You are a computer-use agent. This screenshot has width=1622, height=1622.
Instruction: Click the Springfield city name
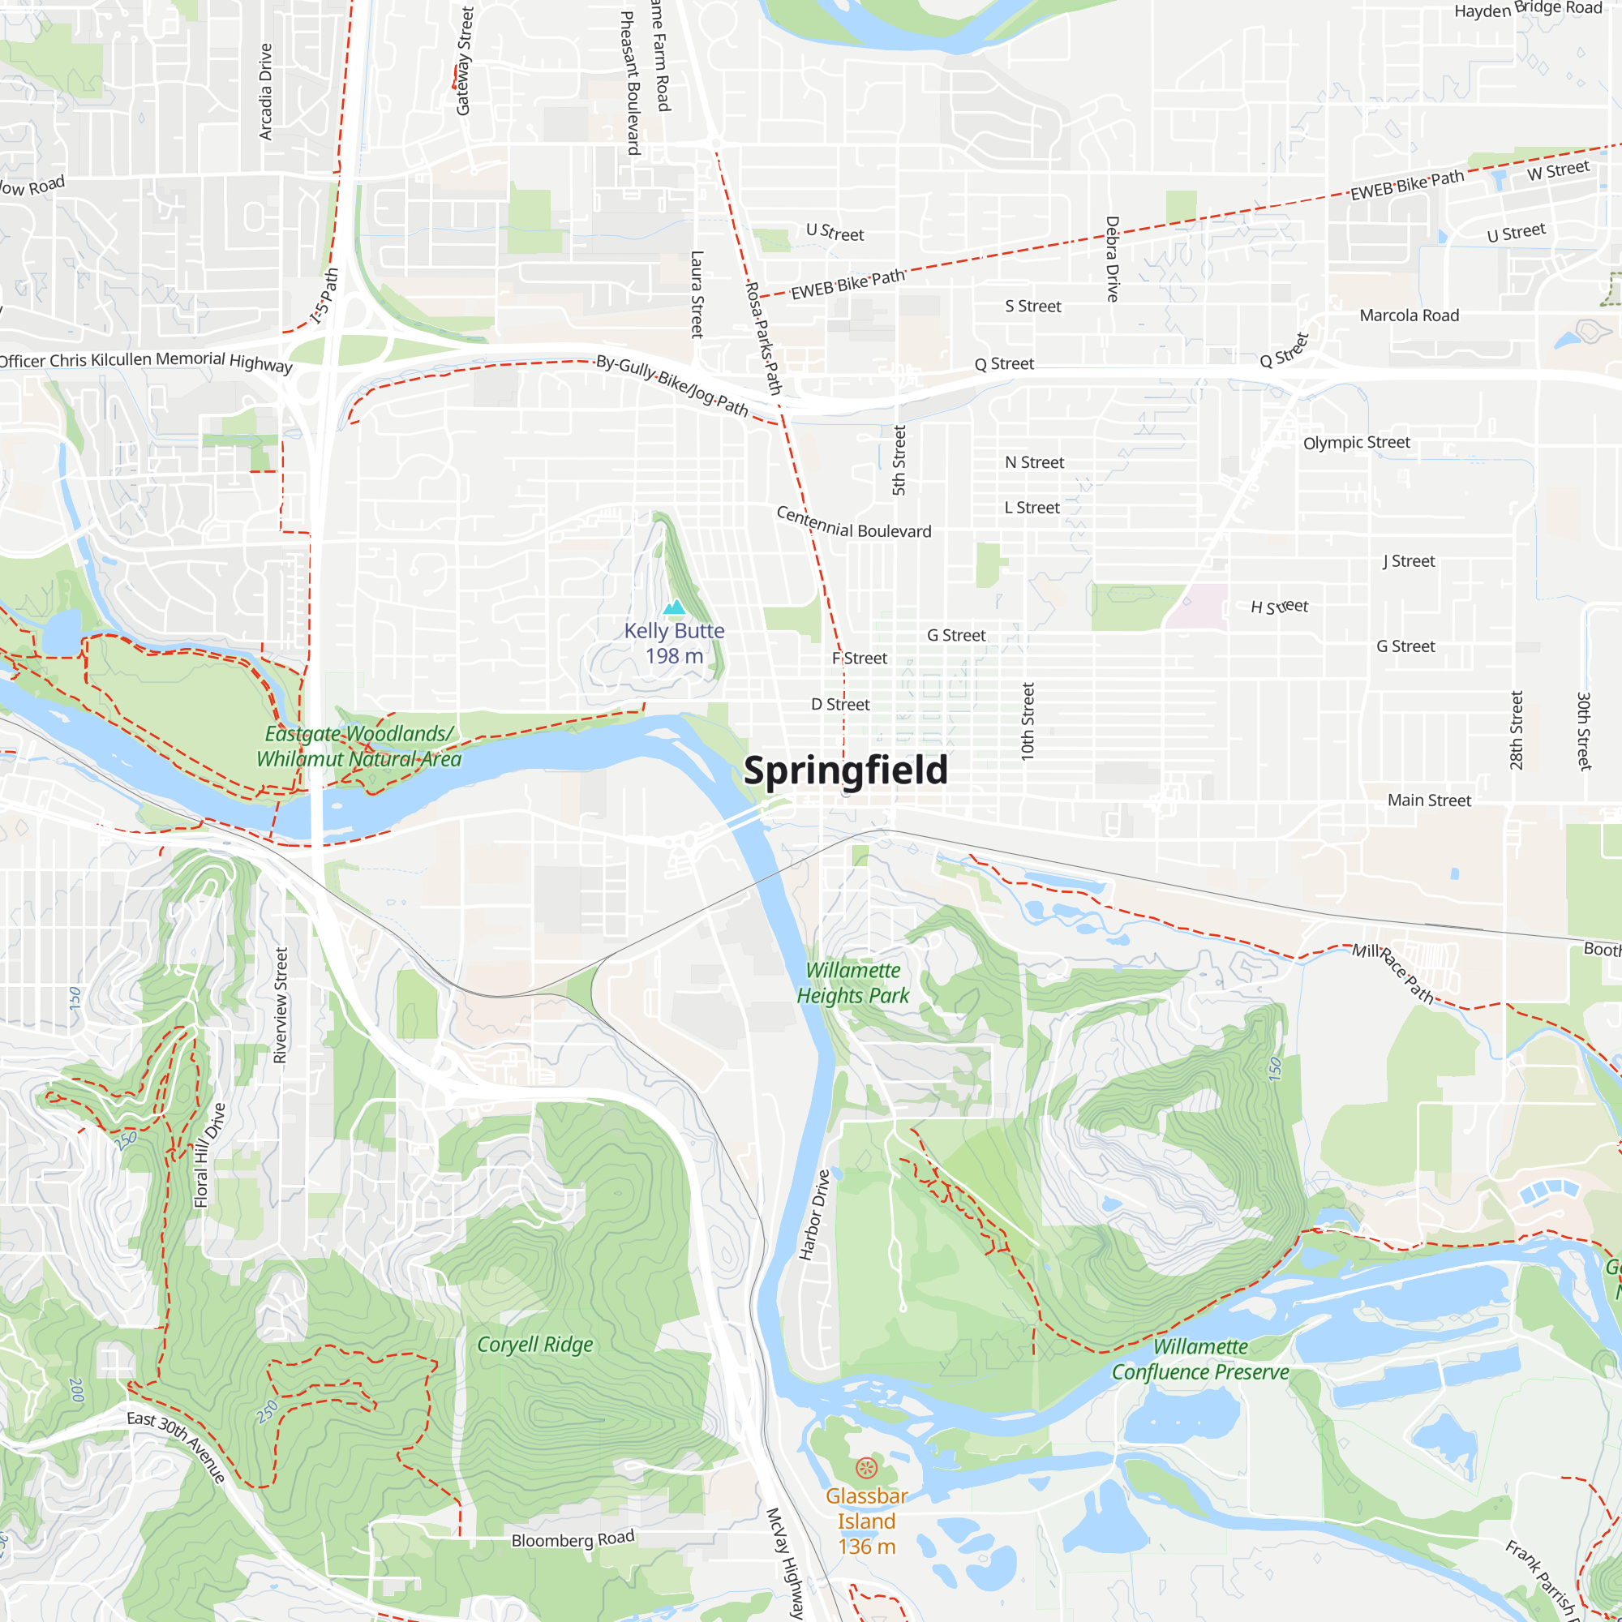[845, 770]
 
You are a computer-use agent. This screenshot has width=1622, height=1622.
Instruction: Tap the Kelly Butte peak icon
[674, 607]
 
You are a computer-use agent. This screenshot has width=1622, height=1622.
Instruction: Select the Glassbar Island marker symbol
[865, 1469]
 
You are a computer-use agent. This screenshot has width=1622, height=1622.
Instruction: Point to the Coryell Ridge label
[534, 1345]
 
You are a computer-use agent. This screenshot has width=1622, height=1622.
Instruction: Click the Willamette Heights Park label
[853, 983]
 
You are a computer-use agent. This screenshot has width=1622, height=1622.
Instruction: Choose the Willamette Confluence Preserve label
[1199, 1360]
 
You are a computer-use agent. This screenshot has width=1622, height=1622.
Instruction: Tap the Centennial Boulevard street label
[853, 524]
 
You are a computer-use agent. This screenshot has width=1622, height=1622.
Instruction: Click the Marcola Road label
[1409, 315]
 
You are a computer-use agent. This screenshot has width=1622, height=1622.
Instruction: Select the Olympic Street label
[1356, 443]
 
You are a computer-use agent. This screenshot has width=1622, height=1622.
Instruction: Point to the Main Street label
[1429, 800]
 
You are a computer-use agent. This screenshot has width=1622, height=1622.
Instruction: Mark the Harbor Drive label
[813, 1215]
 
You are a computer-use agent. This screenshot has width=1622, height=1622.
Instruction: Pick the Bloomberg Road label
[573, 1540]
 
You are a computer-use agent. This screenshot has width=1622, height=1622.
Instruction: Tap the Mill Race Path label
[1392, 973]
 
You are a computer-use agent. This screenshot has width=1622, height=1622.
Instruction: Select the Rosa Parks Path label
[764, 337]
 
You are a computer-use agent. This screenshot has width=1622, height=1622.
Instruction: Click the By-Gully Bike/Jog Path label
[672, 385]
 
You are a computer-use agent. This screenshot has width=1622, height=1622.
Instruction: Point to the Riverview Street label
[281, 1006]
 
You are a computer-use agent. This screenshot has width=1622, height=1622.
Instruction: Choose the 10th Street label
[1028, 722]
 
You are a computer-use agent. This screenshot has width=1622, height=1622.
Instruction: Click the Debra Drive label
[1113, 259]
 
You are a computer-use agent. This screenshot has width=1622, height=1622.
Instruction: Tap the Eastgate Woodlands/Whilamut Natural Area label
[359, 746]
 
